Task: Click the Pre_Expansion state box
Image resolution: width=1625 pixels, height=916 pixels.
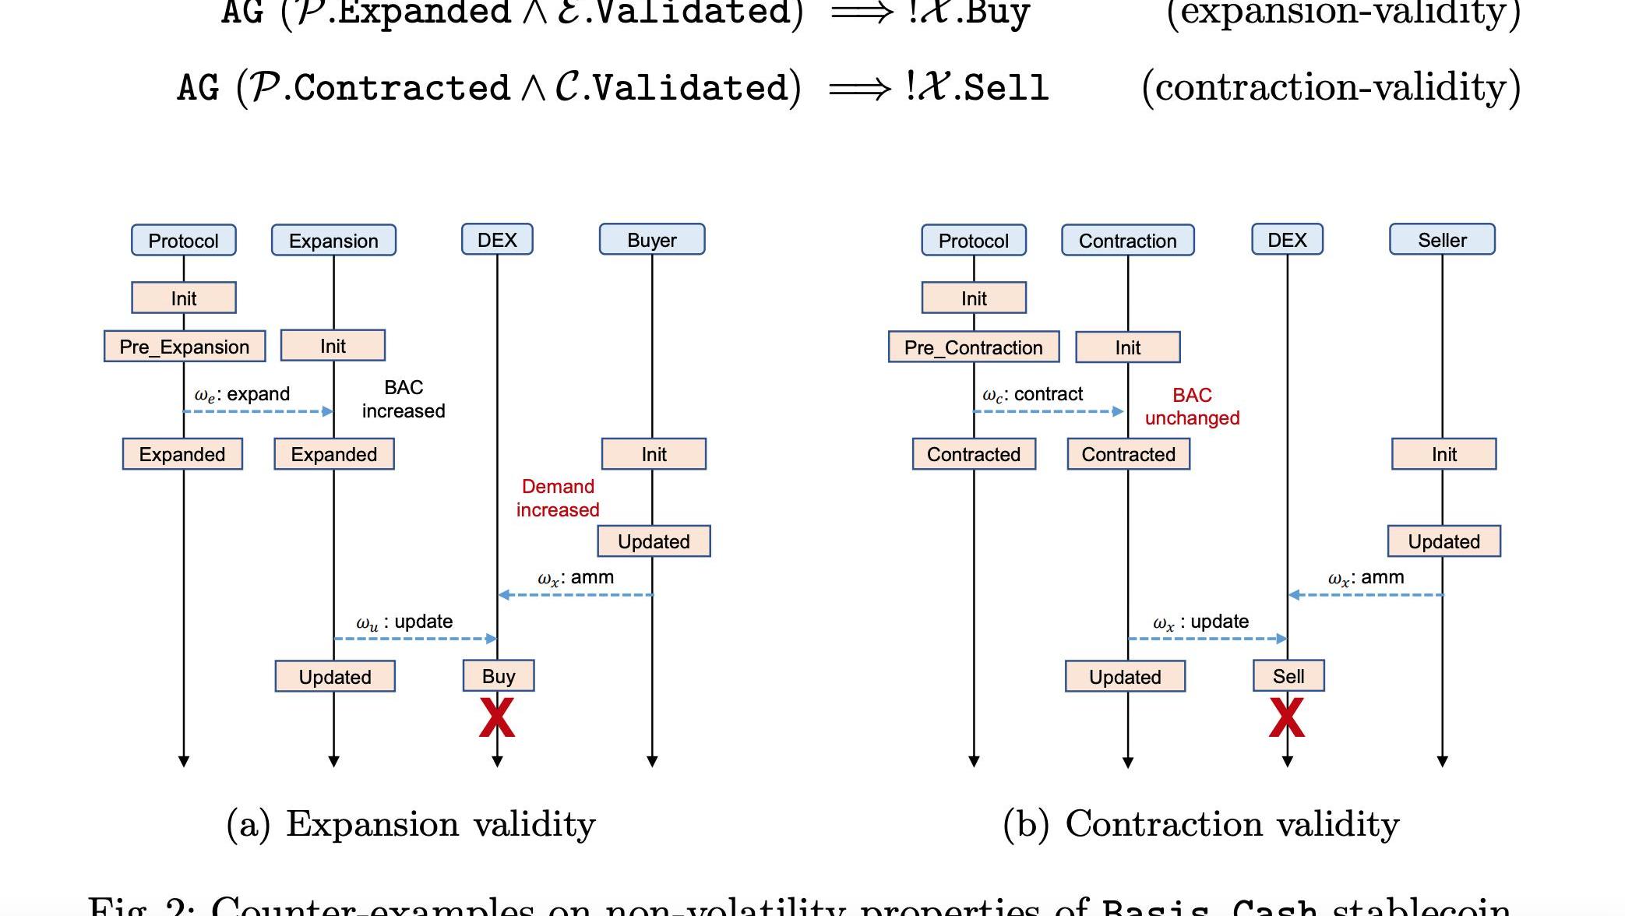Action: [185, 347]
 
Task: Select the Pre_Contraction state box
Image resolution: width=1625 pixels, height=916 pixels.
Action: [973, 347]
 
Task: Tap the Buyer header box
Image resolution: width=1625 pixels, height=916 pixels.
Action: [652, 240]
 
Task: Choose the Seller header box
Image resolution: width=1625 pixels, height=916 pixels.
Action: [1442, 240]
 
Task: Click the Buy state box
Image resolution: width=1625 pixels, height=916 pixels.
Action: [499, 676]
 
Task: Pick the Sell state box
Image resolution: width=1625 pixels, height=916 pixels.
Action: [1288, 676]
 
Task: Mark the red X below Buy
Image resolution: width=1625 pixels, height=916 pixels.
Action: [497, 717]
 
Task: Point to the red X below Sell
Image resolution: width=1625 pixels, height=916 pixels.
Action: [1287, 717]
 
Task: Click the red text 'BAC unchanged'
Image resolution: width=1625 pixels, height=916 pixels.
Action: [1192, 407]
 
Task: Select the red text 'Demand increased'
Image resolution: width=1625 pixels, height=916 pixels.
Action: [558, 499]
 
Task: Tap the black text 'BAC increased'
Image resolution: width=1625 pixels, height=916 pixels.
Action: [404, 399]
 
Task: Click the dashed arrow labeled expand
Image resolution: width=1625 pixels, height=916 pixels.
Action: [258, 411]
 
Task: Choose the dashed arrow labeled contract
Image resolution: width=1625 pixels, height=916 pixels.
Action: [1048, 411]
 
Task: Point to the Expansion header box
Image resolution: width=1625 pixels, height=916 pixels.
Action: [333, 241]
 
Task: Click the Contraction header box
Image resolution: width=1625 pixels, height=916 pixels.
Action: [1127, 241]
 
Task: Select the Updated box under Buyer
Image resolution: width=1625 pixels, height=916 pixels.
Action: [654, 541]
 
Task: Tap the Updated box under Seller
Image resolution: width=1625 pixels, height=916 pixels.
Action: [1443, 541]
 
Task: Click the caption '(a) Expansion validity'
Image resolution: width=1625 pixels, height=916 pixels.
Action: [411, 824]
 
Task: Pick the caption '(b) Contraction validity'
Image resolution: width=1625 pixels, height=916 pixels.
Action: [1200, 824]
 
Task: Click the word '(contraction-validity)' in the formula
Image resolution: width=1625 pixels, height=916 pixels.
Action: [1331, 87]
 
